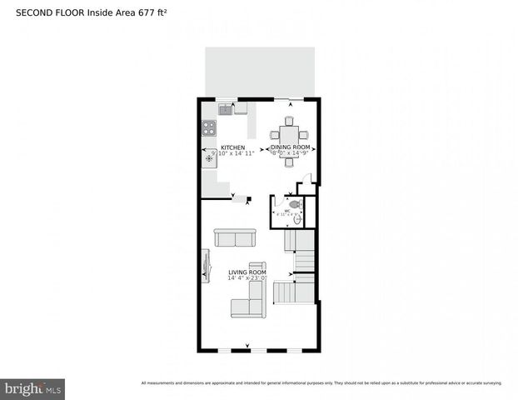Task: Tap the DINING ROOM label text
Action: click(290, 147)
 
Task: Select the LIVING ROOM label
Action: click(247, 272)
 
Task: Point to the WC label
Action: click(287, 211)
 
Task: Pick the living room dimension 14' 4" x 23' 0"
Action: click(247, 278)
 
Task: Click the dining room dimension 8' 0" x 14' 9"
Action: click(290, 153)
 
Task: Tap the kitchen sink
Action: click(225, 108)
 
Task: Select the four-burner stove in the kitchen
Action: click(209, 128)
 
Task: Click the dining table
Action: click(289, 134)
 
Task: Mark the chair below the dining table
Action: click(289, 161)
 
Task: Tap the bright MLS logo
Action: click(33, 388)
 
